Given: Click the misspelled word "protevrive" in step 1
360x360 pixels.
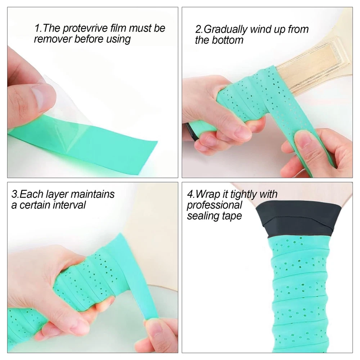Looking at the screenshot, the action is pos(85,28).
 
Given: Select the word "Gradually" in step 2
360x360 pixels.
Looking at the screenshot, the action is pos(225,30).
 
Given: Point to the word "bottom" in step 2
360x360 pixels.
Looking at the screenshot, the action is pos(227,40).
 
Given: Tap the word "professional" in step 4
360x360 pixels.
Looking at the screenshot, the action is pos(215,206).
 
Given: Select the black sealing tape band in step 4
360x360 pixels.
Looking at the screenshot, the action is pos(299,219).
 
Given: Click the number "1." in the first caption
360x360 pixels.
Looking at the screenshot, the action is pos(38,28).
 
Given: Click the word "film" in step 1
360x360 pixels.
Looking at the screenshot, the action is pos(118,28).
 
